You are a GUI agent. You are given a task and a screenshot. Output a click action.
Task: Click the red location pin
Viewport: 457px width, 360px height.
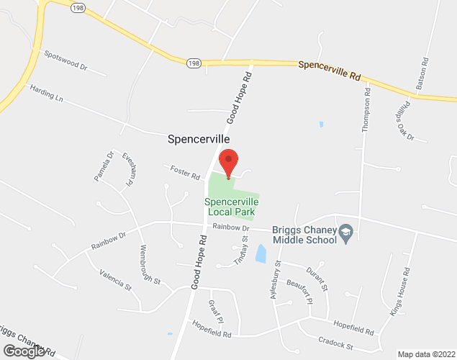point(228,162)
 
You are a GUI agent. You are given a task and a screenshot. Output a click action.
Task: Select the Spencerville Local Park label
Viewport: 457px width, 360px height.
point(231,207)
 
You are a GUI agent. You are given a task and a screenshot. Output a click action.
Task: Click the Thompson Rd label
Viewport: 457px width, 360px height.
point(368,109)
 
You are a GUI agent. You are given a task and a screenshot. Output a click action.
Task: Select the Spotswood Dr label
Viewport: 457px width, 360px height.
point(65,60)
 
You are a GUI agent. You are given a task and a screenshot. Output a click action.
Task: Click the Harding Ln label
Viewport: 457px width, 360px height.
point(46,94)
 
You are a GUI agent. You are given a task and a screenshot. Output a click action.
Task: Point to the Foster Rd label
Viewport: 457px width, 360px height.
point(185,173)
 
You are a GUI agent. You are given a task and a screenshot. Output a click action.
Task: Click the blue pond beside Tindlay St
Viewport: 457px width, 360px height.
point(261,253)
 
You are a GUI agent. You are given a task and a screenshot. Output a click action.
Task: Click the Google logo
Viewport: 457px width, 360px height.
point(23,351)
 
